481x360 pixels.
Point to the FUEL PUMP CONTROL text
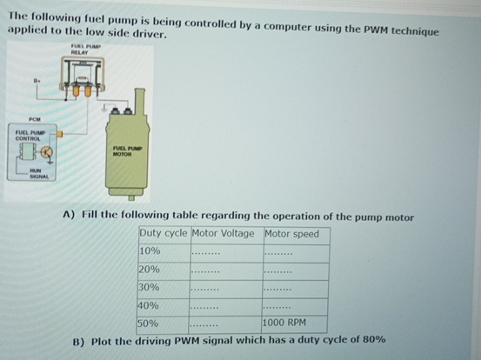pyautogui.click(x=30, y=137)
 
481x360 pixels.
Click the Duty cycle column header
pyautogui.click(x=164, y=233)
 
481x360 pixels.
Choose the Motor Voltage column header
pyautogui.click(x=224, y=233)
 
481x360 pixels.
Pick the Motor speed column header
pyautogui.click(x=292, y=233)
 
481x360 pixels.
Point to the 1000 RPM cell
pyautogui.click(x=285, y=323)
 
